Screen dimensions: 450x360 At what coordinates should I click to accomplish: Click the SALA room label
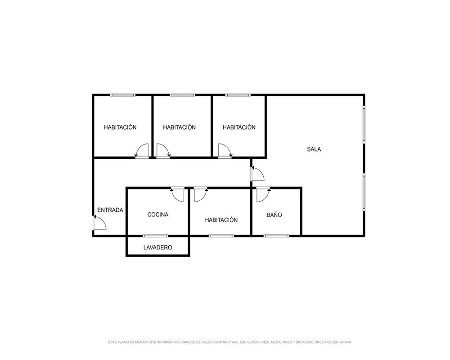(314, 149)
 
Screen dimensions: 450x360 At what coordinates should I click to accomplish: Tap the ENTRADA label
(110, 210)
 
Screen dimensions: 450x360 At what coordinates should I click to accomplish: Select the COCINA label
(158, 215)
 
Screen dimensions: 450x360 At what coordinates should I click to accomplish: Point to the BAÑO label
(274, 215)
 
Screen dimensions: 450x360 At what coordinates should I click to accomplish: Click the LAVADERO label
(158, 247)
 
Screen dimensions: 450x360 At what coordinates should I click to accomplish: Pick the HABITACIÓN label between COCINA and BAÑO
(221, 220)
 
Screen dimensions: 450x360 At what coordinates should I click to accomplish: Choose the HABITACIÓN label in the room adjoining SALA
(239, 127)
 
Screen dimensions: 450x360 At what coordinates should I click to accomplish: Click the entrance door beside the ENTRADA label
(99, 223)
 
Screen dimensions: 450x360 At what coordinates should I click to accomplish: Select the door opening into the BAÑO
(263, 194)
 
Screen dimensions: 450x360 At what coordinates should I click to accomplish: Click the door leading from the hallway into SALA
(257, 174)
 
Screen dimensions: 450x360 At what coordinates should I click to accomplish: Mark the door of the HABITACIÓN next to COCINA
(201, 194)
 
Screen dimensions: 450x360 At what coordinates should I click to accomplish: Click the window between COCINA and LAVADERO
(156, 236)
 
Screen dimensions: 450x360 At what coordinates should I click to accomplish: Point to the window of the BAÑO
(276, 236)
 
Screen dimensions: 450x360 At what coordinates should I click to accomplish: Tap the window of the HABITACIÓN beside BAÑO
(221, 236)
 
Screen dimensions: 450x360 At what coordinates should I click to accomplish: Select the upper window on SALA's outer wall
(364, 124)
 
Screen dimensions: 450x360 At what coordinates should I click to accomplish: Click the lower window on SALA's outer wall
(364, 192)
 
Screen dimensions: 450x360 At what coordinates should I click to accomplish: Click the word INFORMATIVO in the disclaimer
(169, 342)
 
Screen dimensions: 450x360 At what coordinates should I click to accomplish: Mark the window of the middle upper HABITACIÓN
(183, 95)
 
